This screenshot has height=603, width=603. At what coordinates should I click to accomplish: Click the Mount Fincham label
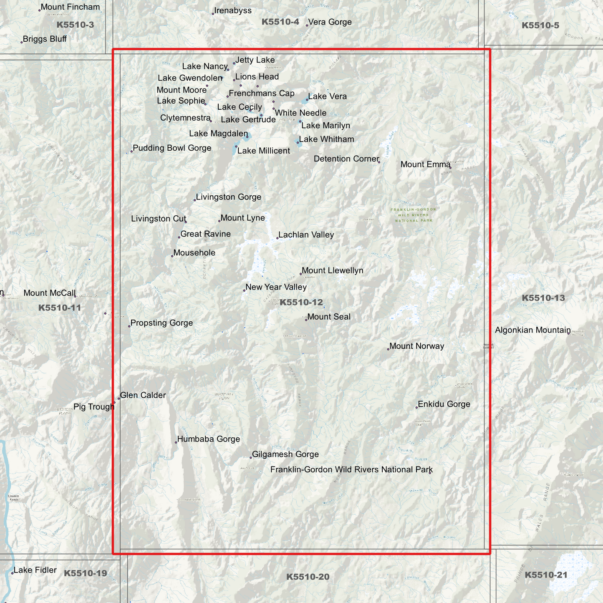[x=70, y=7]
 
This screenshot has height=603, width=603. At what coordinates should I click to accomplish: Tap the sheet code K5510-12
[x=301, y=303]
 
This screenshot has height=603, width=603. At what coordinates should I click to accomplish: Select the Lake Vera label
[x=327, y=96]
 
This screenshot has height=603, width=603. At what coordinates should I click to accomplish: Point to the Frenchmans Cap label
[x=262, y=93]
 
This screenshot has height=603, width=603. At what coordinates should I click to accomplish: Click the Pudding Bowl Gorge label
[x=172, y=148]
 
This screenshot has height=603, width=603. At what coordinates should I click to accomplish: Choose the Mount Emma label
[x=425, y=164]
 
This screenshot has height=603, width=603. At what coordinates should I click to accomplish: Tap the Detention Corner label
[x=346, y=159]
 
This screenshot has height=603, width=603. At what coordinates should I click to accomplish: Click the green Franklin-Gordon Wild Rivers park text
[x=414, y=215]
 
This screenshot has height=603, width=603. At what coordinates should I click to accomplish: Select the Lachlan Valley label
[x=306, y=235]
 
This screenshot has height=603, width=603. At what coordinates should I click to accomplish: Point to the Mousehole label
[x=194, y=253]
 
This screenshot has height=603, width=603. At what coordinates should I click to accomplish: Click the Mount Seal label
[x=329, y=317]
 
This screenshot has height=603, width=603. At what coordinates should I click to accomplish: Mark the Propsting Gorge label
[x=161, y=323]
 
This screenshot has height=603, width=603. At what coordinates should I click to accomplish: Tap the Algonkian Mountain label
[x=532, y=330]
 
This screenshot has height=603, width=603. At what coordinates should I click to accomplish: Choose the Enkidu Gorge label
[x=444, y=404]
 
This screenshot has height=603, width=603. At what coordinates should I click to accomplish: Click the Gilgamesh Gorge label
[x=285, y=454]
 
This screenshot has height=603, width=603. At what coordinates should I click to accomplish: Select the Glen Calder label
[x=143, y=395]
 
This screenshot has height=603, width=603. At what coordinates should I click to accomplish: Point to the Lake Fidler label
[x=35, y=570]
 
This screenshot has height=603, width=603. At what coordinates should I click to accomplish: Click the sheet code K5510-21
[x=546, y=575]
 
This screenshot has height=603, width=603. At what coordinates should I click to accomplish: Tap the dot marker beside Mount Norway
[x=388, y=349]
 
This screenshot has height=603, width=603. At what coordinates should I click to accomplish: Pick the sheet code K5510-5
[x=540, y=25]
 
